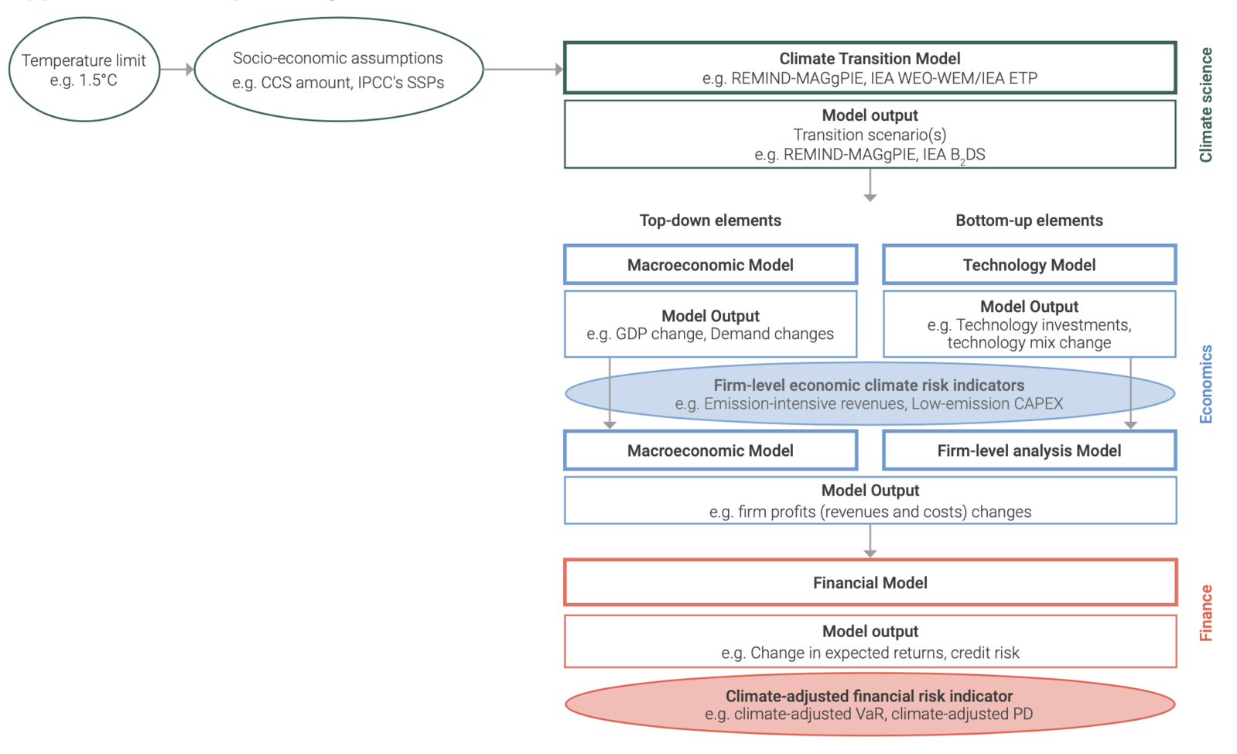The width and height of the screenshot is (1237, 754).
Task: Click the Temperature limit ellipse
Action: (84, 70)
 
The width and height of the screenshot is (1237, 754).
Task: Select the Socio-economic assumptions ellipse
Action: (338, 70)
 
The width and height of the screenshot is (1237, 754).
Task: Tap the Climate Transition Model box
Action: (870, 68)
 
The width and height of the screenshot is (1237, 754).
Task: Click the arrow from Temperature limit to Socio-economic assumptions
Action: (176, 70)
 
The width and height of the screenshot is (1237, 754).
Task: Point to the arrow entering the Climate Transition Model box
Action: (523, 70)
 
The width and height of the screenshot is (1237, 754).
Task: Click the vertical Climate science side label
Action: (1205, 105)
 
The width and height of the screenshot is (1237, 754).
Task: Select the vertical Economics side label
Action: (1205, 384)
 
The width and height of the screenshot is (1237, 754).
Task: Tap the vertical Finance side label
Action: (1205, 612)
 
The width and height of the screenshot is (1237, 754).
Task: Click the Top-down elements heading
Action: (710, 221)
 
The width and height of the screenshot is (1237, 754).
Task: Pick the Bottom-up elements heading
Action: (1029, 221)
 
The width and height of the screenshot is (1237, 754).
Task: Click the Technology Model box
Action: (1029, 265)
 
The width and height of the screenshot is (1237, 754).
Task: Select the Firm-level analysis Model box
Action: (1029, 451)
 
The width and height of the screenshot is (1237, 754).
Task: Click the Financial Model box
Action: (870, 583)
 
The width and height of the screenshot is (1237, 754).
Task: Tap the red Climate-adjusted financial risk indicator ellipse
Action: (870, 704)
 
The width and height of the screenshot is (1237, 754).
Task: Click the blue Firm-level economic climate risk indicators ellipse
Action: (870, 394)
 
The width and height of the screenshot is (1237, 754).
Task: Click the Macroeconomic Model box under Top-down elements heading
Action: (710, 265)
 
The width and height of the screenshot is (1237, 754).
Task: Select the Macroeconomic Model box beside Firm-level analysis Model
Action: (710, 451)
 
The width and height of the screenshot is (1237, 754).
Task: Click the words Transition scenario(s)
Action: (870, 135)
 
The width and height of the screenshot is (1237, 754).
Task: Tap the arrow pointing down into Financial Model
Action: (870, 542)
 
